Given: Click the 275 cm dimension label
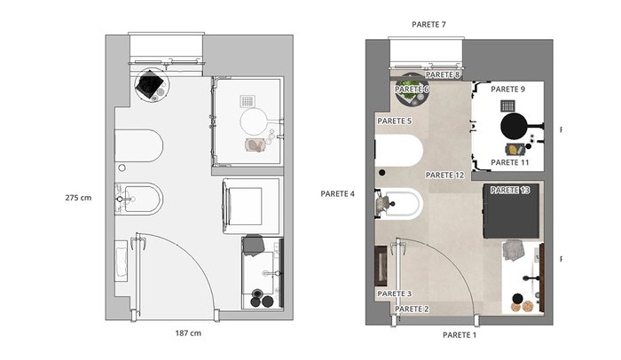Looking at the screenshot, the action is pos(78,198).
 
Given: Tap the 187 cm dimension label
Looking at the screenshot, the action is pos(188,333).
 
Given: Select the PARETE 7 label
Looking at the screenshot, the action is pos(428,25).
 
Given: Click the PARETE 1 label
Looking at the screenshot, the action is pos(460,335).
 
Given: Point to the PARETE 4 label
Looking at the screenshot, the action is pos(337,193).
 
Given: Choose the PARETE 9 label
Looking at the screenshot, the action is pos(507,89).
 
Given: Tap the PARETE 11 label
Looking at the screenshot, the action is pos(510,162).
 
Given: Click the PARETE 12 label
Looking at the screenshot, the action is pos(444,175).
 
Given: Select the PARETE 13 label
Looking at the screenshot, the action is pos(510,190).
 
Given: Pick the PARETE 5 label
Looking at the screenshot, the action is pos(394,121).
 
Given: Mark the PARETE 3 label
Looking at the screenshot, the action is pos(394,293).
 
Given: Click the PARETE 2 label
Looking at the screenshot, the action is pos(412,309).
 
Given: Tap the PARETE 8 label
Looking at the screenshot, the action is pos(443,74).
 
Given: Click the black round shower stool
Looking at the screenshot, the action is pos(515,126).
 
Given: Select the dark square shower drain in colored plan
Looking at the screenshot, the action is pos(507,106).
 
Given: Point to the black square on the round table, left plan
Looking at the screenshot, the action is pos(150,83).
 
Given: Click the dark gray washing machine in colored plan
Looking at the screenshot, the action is pos(511,211).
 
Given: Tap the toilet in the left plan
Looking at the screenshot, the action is pos(138,145).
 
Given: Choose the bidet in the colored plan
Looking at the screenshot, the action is pos(399,204).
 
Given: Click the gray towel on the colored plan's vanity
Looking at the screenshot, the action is pos(513,250).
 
